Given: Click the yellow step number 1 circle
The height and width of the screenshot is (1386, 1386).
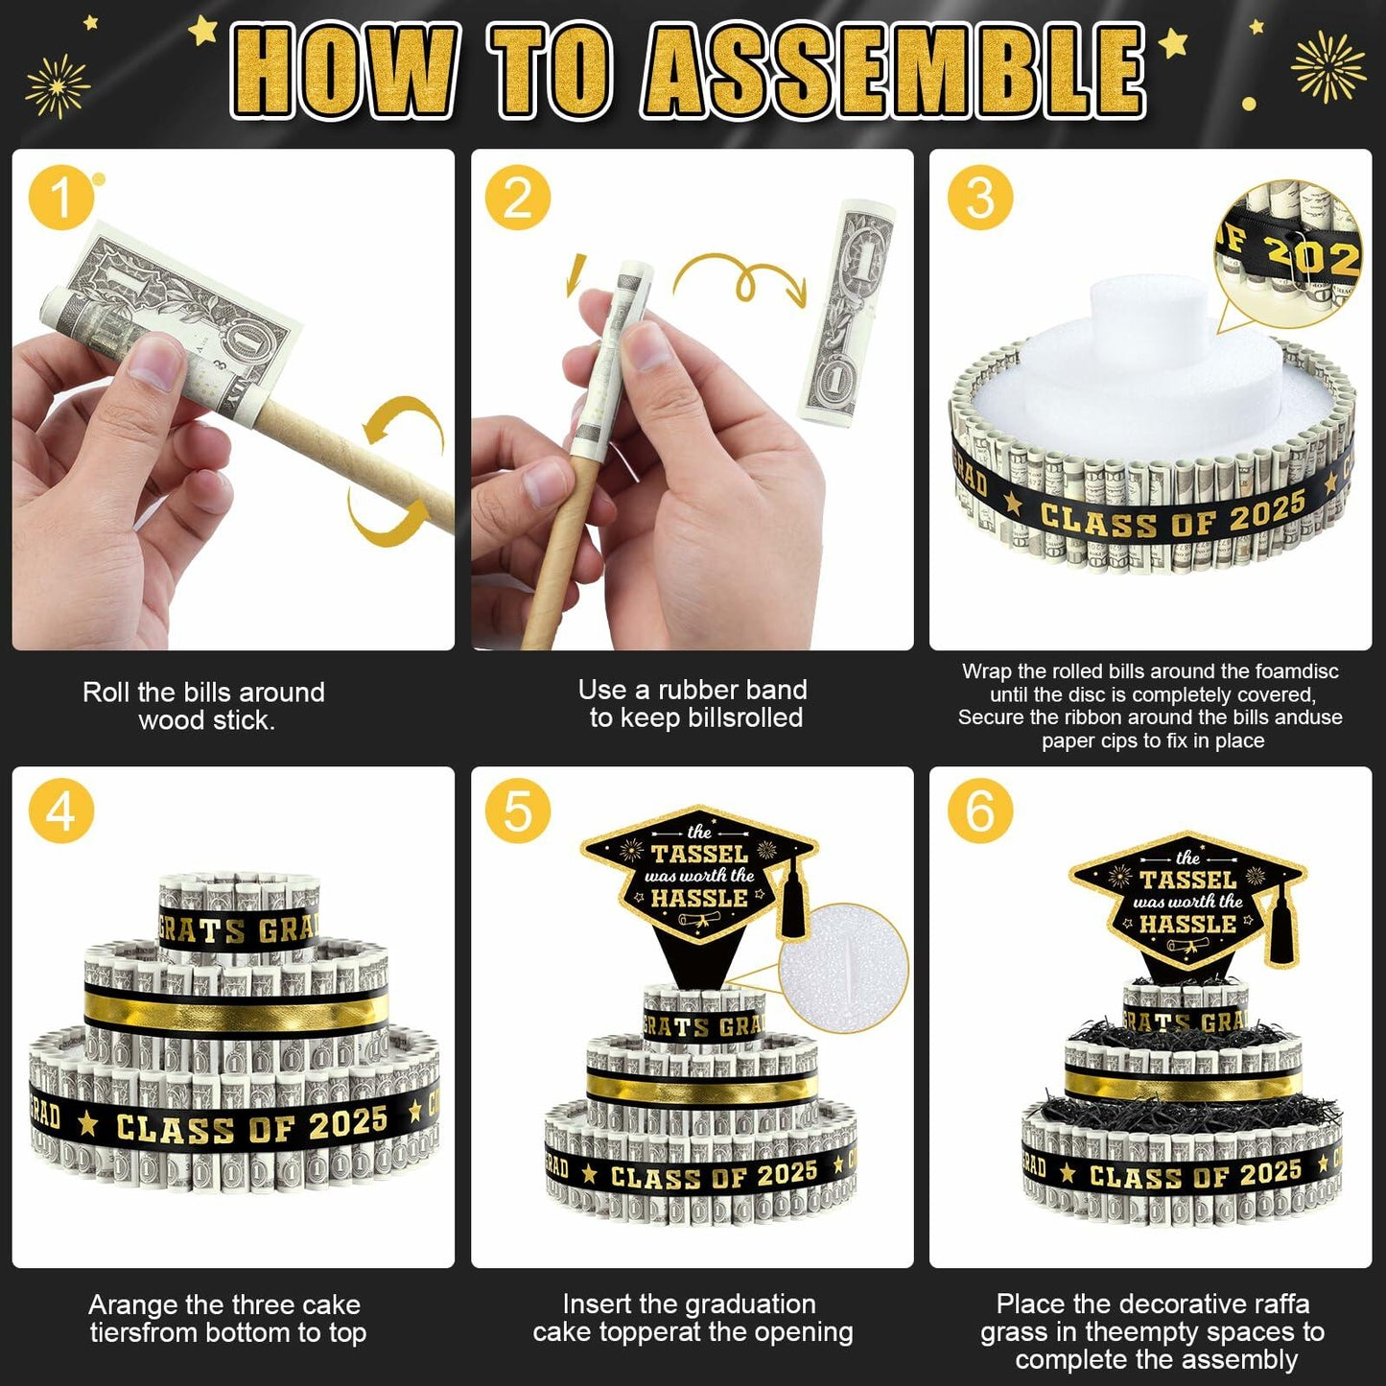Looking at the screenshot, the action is pos(61,197).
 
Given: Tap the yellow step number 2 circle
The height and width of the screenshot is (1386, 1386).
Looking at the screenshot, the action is pos(518,197).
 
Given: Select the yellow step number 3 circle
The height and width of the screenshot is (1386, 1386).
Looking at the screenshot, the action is pos(979,197).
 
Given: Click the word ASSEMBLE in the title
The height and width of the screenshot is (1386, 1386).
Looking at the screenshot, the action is pos(893,70).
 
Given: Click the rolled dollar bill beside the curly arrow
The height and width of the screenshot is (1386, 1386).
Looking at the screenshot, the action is pos(847,313).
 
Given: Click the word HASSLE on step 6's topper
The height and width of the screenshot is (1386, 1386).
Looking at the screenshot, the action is pos(1187,924).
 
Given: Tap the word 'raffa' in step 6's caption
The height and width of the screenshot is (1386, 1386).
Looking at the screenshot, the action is pos(1274,1304).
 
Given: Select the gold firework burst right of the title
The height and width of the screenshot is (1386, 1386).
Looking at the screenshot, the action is pos(1327,67).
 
